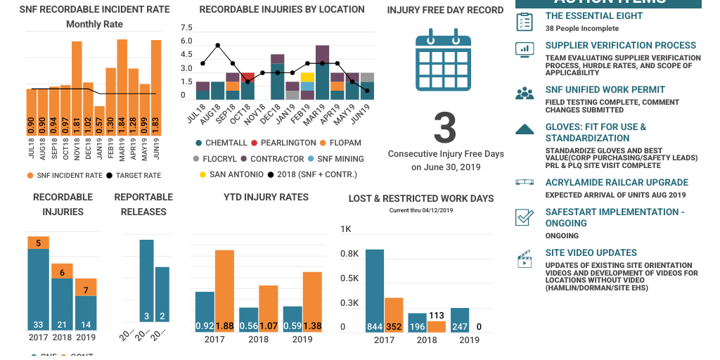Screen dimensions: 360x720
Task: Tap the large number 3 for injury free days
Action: click(x=444, y=128)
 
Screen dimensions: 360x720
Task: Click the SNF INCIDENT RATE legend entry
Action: click(x=64, y=175)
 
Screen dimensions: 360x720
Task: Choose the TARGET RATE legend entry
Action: click(x=133, y=175)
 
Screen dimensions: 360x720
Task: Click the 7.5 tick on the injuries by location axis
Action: click(x=186, y=28)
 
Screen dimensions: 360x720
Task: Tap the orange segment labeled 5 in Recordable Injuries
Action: click(x=39, y=243)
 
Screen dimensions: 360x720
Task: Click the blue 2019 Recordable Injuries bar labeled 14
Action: click(x=86, y=313)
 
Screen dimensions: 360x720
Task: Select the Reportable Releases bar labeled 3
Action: click(x=146, y=281)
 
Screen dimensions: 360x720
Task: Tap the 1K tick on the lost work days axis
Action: click(x=346, y=229)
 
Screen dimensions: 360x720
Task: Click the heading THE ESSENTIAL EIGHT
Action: click(x=593, y=15)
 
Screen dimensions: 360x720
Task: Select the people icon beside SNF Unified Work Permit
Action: click(x=525, y=94)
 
